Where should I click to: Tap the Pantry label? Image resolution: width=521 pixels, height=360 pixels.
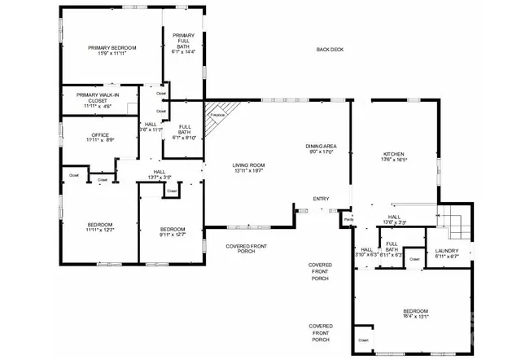pos(348,220)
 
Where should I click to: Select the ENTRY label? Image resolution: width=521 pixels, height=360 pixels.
pos(321,199)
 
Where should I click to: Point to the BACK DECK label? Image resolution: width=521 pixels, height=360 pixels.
pos(330,50)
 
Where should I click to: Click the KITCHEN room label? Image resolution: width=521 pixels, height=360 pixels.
pos(394,153)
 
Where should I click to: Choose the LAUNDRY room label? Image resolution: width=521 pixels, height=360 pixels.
pos(447,250)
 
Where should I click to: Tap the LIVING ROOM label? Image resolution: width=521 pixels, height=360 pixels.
pos(250,165)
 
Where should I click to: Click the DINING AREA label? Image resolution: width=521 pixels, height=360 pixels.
pos(322,145)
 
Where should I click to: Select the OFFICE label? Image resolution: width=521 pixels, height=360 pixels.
pos(100,134)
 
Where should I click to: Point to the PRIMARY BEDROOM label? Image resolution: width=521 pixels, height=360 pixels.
pos(112,48)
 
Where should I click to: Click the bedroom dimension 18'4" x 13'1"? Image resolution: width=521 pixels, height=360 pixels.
pos(415,318)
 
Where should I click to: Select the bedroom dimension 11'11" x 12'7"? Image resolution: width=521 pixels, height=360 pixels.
pos(100,230)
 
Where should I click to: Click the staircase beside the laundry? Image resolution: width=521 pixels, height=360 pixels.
pos(454,220)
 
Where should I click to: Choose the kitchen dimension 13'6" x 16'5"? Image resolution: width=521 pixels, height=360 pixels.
pos(394,160)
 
